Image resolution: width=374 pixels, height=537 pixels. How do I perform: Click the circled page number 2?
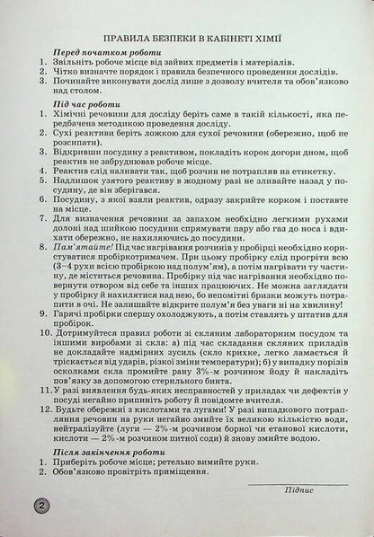(41, 506)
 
